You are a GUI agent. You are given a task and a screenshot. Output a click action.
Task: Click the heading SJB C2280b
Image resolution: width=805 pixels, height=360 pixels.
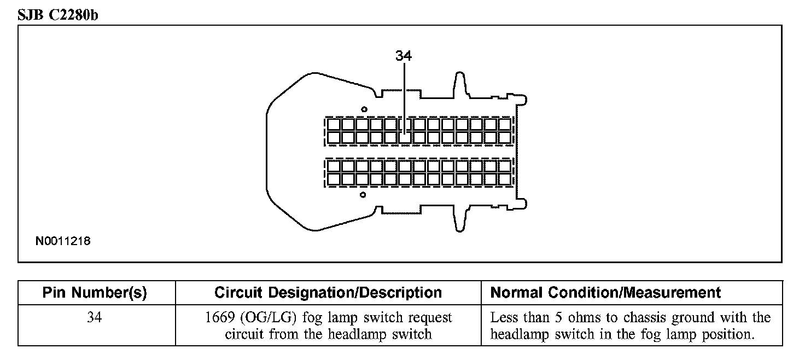click(x=58, y=15)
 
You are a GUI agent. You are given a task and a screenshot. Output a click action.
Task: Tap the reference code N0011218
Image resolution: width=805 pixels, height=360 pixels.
click(x=63, y=241)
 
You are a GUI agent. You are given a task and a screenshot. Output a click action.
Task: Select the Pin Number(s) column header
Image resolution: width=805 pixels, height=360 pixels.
click(x=95, y=293)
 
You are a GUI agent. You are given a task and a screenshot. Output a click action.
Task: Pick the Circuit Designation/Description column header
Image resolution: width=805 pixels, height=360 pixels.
click(x=328, y=293)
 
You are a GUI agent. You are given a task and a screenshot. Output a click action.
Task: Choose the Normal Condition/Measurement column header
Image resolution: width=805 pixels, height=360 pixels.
click(x=605, y=293)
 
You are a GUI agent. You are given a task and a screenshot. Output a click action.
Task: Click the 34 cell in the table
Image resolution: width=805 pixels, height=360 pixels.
click(x=95, y=318)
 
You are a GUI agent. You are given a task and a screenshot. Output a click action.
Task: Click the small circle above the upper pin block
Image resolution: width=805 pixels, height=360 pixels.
click(x=364, y=109)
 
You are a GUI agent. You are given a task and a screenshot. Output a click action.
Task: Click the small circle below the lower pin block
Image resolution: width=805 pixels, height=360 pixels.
click(x=363, y=194)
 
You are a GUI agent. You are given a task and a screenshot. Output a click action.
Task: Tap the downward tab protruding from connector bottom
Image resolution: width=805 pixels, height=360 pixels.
click(x=459, y=219)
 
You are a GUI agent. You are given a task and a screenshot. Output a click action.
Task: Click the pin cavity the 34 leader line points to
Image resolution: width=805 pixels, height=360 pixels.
click(x=405, y=137)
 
